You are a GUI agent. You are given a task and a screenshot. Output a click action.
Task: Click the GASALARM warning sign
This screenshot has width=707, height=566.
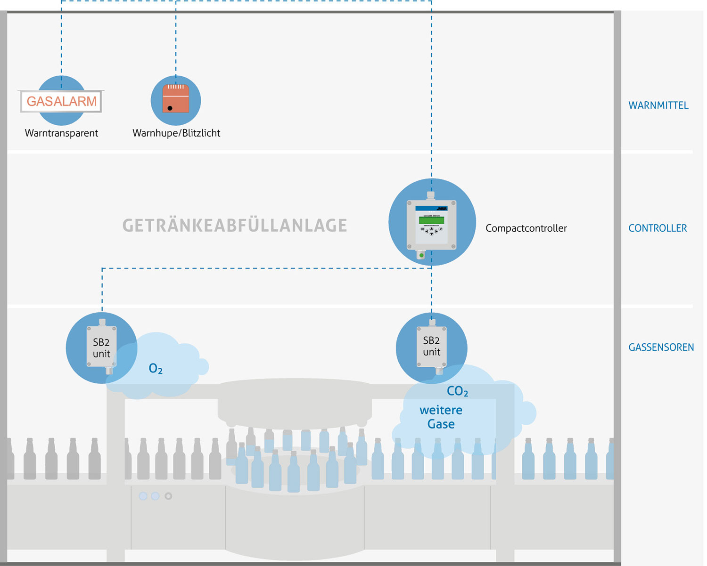point(61,101)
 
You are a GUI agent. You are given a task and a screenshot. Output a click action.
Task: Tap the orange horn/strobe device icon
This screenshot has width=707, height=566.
point(176,99)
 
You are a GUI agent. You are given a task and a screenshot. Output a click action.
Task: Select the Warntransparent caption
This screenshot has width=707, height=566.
point(61,133)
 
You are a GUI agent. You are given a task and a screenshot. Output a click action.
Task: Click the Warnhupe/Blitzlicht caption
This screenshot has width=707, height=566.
point(176,133)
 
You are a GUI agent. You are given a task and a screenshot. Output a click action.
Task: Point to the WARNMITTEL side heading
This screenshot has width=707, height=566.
point(658,105)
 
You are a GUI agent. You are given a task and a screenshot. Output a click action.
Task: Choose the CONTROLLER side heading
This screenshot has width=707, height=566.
point(658,228)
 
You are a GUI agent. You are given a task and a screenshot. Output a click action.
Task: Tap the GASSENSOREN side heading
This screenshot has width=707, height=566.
point(661,348)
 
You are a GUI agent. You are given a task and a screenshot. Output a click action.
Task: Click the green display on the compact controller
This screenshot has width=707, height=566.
point(431,220)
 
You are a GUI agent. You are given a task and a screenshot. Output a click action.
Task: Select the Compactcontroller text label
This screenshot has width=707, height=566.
point(526,228)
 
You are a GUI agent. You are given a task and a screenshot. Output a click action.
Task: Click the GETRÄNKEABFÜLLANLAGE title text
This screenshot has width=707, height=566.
point(235,226)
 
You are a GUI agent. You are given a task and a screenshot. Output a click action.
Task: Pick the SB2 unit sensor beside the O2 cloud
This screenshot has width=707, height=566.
point(101,348)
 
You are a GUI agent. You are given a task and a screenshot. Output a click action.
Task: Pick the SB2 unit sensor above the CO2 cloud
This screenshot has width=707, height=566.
point(431,346)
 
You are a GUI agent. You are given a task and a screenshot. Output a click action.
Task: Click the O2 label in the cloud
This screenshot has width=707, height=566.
point(156,369)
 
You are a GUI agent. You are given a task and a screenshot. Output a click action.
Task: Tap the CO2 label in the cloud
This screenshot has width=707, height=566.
point(457,391)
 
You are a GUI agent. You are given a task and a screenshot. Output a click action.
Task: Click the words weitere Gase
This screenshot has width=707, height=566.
point(441,417)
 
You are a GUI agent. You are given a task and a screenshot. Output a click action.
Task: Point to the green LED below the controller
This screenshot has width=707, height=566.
point(421,255)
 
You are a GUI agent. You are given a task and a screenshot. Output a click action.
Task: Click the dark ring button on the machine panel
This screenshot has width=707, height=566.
point(168,496)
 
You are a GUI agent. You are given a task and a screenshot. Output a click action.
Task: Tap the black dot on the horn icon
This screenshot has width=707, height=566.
point(170,108)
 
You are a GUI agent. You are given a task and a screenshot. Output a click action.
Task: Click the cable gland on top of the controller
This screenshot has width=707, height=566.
point(430,194)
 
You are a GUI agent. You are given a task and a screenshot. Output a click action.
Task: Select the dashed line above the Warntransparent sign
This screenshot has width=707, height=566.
point(61,42)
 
